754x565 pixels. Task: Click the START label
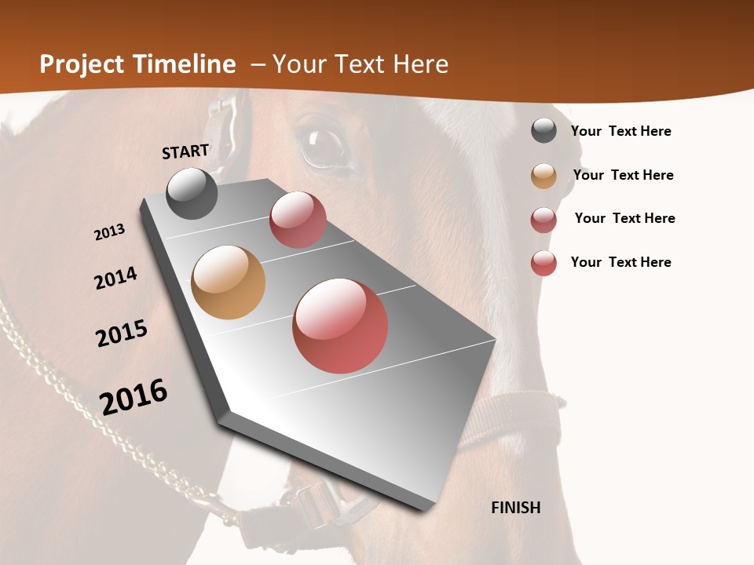185,151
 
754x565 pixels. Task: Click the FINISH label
515,508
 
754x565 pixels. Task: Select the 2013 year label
109,232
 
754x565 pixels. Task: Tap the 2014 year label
115,278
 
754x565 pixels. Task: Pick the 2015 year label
122,334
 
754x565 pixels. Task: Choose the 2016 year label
134,396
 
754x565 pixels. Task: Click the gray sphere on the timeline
192,193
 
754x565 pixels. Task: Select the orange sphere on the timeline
229,282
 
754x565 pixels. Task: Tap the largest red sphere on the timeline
340,326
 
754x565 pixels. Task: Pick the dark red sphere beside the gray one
298,220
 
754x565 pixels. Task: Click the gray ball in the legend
544,130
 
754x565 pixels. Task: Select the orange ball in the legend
544,176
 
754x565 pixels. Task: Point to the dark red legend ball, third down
544,220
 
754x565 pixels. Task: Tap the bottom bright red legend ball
544,263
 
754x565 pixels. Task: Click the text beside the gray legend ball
620,131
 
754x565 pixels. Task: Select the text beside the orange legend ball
623,175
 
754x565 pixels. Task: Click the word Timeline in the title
184,64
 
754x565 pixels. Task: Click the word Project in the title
82,64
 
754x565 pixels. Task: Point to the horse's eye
324,144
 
